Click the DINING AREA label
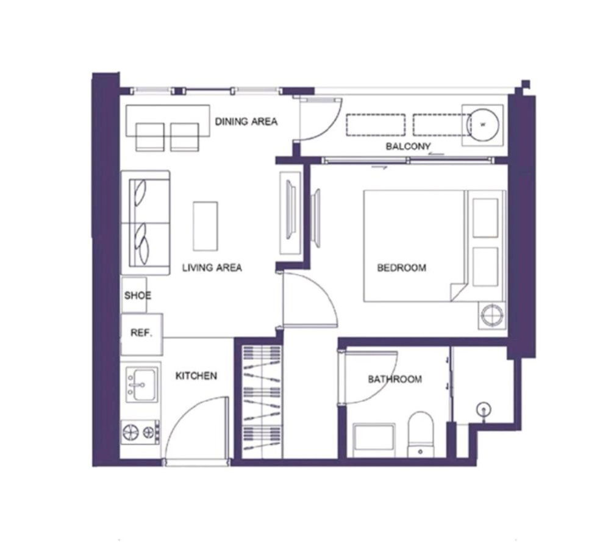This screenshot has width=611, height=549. pyautogui.click(x=246, y=121)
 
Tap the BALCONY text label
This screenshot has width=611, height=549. pyautogui.click(x=408, y=146)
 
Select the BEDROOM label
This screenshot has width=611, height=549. pyautogui.click(x=401, y=268)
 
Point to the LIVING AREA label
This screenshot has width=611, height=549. pyautogui.click(x=212, y=268)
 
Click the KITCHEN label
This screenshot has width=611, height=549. pyautogui.click(x=196, y=376)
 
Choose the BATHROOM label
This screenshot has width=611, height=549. pyautogui.click(x=395, y=379)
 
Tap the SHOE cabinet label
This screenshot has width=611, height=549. pyautogui.click(x=138, y=296)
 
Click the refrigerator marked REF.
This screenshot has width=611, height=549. pyautogui.click(x=141, y=334)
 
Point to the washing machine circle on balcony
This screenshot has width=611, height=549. pyautogui.click(x=482, y=125)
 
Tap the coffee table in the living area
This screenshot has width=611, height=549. pyautogui.click(x=205, y=226)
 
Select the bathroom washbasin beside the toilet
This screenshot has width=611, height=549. pyautogui.click(x=374, y=440)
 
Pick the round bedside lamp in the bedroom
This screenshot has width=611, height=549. pyautogui.click(x=492, y=315)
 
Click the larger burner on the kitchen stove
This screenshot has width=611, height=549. pyautogui.click(x=130, y=432)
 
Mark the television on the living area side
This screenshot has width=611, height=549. pyautogui.click(x=291, y=209)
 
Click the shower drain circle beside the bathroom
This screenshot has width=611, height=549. pyautogui.click(x=484, y=409)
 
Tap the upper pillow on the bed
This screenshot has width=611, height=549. pyautogui.click(x=485, y=218)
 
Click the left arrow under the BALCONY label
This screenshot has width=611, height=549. pyautogui.click(x=436, y=154)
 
